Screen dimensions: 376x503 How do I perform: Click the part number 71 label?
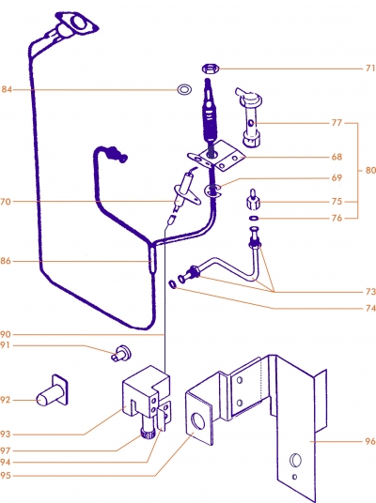(370, 69)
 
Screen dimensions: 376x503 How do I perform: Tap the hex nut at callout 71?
(211, 69)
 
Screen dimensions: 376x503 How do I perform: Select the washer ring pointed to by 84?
(184, 89)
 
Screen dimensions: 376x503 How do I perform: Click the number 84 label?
(7, 89)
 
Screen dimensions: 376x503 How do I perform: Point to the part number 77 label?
(337, 123)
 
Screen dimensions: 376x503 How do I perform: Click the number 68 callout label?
(337, 157)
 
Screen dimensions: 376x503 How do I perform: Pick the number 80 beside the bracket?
(370, 171)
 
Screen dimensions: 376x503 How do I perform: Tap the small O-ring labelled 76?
(254, 219)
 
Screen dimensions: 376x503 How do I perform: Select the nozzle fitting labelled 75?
(253, 200)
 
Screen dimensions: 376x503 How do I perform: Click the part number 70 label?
(6, 202)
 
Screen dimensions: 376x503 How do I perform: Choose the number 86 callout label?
(6, 261)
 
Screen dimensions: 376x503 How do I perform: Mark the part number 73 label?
(370, 292)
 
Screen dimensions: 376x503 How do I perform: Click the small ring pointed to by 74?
(173, 284)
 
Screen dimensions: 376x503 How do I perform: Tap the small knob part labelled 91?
(121, 353)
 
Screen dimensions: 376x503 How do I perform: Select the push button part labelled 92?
(52, 390)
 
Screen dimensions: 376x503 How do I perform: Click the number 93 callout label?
(6, 434)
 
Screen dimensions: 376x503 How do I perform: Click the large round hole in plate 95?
(197, 421)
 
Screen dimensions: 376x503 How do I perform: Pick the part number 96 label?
(370, 442)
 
